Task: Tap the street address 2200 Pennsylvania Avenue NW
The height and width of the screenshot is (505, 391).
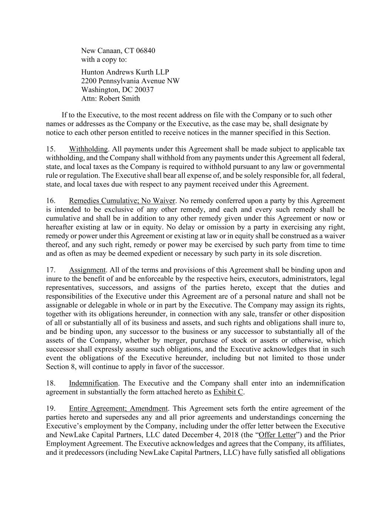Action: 130,81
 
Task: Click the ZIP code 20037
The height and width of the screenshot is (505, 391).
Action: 144,90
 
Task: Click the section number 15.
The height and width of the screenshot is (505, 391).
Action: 51,149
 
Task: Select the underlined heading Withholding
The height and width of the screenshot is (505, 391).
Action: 88,149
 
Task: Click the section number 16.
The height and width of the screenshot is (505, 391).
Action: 51,201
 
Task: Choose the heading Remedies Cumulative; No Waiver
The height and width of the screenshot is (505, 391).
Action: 122,201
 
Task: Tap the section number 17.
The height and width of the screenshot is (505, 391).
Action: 51,270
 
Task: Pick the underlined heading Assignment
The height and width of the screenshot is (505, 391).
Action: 87,270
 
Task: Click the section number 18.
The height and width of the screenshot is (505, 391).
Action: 51,383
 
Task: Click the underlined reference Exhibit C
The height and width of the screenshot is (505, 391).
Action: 228,392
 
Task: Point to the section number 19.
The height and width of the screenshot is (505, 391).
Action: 51,408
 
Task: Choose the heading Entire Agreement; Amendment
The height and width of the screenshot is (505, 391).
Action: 118,408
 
